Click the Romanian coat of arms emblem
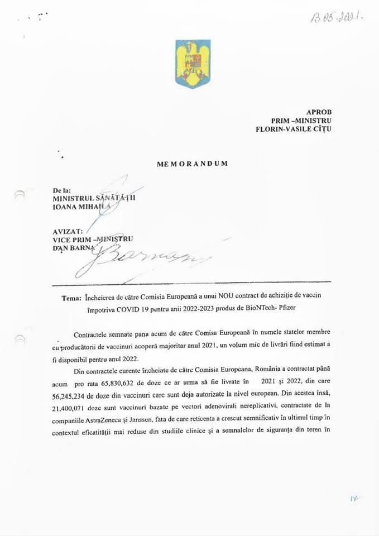pyautogui.click(x=193, y=64)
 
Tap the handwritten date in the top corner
pyautogui.click(x=337, y=17)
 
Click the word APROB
pyautogui.click(x=319, y=112)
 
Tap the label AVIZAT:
pyautogui.click(x=68, y=230)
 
